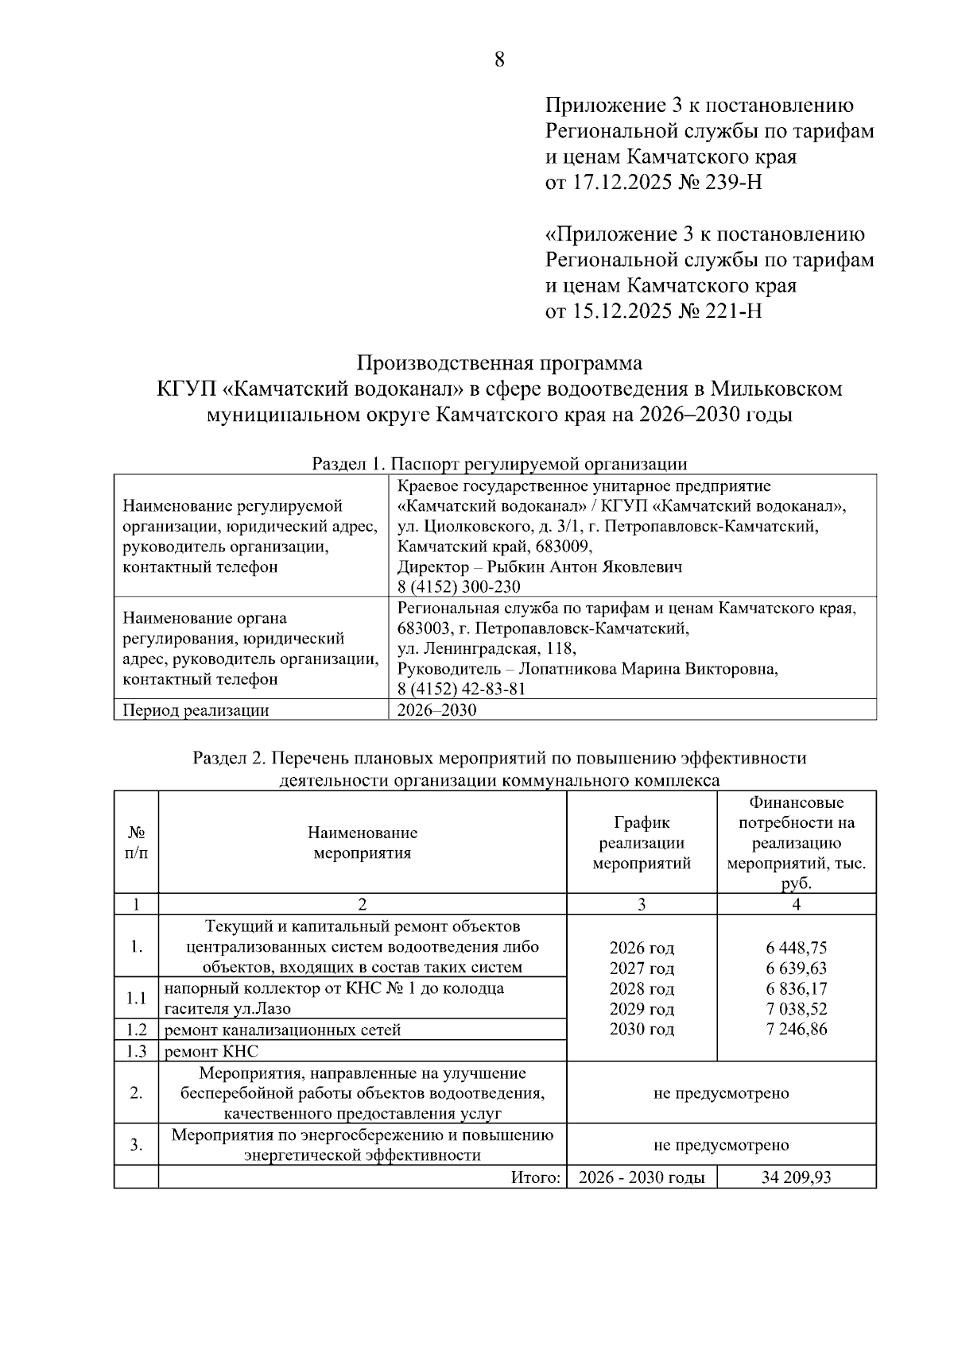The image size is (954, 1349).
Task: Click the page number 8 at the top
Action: point(499,60)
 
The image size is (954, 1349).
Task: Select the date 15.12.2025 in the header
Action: point(622,311)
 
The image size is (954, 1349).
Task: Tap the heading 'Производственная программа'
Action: point(499,363)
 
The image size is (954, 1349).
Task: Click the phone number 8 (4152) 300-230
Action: point(459,587)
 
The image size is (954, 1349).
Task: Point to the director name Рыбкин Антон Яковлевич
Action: point(584,567)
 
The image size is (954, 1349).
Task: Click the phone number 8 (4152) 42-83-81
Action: point(461,689)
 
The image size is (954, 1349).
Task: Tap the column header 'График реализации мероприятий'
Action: point(642,843)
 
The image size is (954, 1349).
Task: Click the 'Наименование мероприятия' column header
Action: point(363,843)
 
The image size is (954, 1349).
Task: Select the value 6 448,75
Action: point(797,948)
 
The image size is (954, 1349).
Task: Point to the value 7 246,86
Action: point(797,1030)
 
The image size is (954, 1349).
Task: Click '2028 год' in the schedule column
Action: point(642,989)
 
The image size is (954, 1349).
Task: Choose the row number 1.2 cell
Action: point(137,1030)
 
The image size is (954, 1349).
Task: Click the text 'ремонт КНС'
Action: point(211,1051)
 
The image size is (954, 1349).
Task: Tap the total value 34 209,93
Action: point(797,1177)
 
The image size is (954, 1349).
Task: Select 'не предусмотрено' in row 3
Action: point(721,1145)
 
